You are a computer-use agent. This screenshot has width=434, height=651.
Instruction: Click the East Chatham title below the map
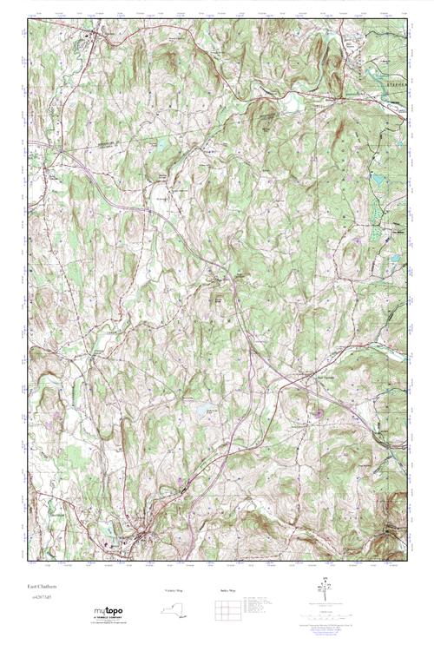click(x=40, y=588)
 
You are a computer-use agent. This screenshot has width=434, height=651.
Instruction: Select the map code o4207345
click(x=41, y=598)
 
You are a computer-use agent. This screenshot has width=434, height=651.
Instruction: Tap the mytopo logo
click(x=109, y=611)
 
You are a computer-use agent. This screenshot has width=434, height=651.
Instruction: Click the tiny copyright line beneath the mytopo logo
click(x=110, y=624)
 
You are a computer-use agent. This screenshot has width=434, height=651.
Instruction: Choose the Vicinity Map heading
click(x=174, y=590)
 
